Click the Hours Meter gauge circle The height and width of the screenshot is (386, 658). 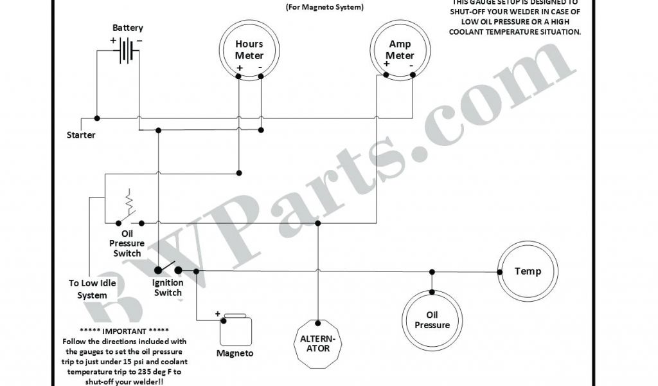(x=249, y=51)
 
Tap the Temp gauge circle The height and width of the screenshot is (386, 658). (x=528, y=271)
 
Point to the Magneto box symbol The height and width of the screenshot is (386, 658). (x=235, y=331)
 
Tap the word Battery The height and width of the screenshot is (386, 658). (x=128, y=28)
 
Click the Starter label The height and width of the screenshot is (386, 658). (x=81, y=135)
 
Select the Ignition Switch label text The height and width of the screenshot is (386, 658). (x=168, y=288)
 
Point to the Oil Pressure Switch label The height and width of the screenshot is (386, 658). (x=127, y=244)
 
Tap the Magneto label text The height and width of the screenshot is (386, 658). (x=235, y=353)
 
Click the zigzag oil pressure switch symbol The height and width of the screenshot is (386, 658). (x=130, y=203)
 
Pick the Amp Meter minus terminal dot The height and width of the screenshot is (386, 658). (x=410, y=75)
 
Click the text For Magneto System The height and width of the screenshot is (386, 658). (x=324, y=8)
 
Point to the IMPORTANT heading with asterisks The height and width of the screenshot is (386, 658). (x=123, y=332)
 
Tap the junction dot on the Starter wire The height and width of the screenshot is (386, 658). (x=97, y=118)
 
